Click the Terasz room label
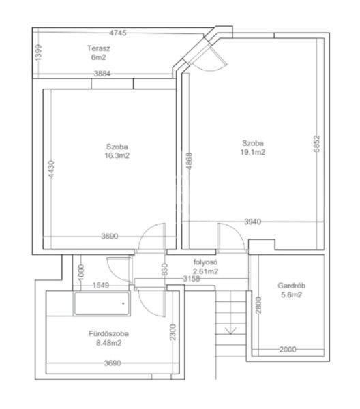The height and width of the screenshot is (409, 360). click(99, 48)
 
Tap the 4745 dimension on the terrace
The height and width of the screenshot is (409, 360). click(118, 33)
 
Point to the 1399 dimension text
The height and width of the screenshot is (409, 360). click(38, 52)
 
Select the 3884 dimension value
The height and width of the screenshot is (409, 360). click(102, 74)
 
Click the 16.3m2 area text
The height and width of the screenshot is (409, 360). click(117, 155)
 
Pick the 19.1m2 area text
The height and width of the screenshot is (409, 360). click(253, 152)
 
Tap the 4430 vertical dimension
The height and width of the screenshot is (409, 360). click(51, 169)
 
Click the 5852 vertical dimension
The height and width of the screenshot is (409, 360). click(316, 144)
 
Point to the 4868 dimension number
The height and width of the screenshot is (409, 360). click(190, 161)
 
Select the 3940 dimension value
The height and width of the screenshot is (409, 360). click(253, 222)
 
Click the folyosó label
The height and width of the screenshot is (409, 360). click(205, 262)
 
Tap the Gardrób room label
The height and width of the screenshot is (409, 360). click(291, 286)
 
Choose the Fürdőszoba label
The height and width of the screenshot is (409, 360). click(108, 333)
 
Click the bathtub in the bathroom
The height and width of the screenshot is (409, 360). click(102, 303)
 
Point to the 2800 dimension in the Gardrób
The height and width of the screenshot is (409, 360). click(258, 305)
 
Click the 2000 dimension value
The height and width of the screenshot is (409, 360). click(288, 350)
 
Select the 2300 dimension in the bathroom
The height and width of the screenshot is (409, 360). click(172, 332)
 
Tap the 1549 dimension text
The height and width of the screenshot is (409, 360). click(101, 285)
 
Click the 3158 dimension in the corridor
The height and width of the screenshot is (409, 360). click(191, 279)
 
